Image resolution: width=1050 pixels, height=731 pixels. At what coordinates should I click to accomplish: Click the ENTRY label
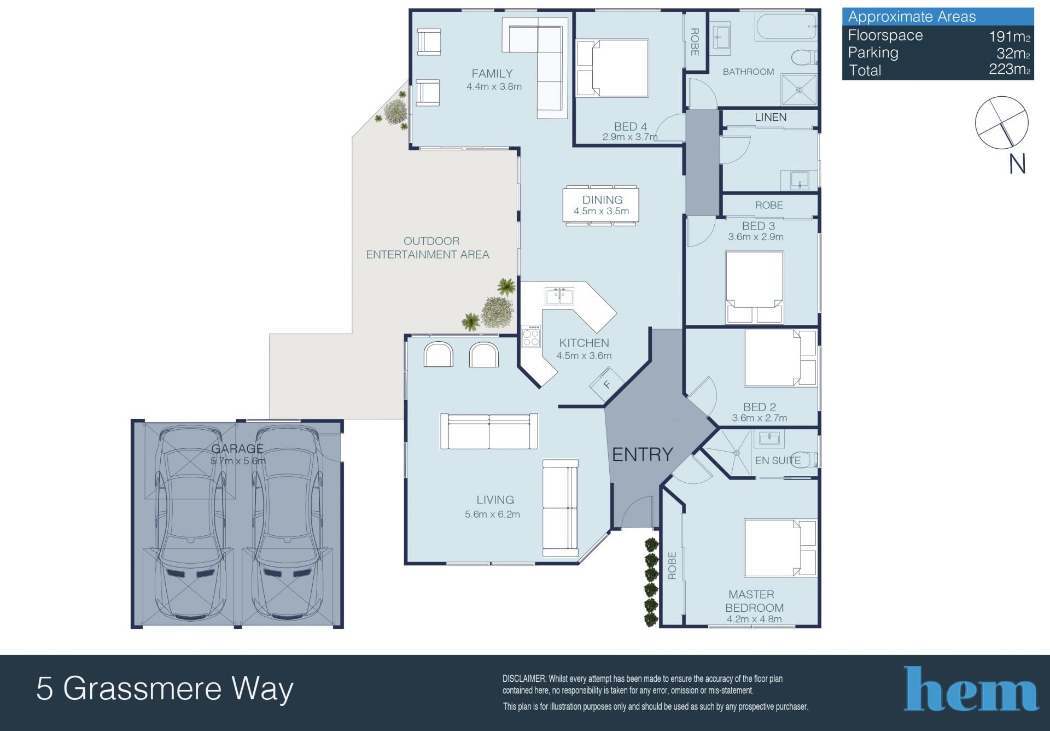coord(642,454)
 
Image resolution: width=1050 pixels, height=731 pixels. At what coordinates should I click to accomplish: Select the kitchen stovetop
coord(530,336)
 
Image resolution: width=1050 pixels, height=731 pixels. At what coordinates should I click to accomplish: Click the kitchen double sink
coord(559,296)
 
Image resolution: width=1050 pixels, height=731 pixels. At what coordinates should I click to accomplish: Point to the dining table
coord(601,205)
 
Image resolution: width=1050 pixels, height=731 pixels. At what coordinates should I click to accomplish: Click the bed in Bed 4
coord(612,68)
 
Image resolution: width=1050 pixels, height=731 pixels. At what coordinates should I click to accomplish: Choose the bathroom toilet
coord(804,57)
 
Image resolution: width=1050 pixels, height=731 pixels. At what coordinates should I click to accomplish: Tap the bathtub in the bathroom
coord(786,26)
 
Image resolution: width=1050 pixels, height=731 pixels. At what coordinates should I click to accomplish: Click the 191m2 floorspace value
coord(1010,37)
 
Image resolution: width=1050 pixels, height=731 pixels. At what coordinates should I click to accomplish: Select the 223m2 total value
coord(1010,69)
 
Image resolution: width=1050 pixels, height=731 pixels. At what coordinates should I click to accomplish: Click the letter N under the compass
coord(1017,164)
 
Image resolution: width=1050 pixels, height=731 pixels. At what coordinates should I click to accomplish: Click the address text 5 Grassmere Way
coord(165,689)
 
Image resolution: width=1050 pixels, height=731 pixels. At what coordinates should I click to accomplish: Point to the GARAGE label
coord(237,449)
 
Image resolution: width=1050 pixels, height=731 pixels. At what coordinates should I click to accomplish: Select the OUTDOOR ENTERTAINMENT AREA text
coord(428,248)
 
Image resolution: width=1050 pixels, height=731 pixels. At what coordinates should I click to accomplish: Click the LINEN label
coord(771,117)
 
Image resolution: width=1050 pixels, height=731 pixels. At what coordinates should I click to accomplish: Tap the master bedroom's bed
coord(780,548)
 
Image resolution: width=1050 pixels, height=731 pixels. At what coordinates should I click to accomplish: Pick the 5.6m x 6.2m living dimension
coord(492,514)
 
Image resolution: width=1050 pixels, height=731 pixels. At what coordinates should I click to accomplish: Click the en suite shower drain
coord(736,453)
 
